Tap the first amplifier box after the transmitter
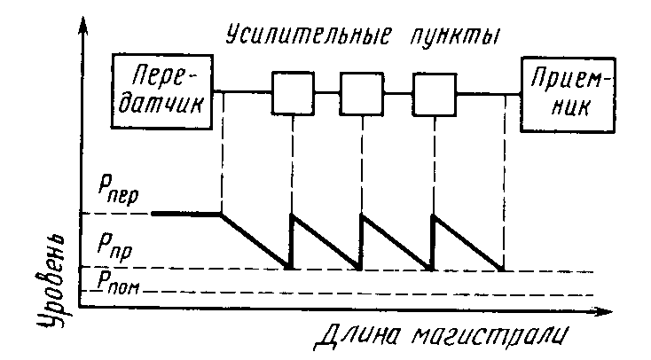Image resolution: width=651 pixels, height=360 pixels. pyautogui.click(x=292, y=91)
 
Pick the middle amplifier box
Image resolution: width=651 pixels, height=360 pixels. pyautogui.click(x=363, y=91)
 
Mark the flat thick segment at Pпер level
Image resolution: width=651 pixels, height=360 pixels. pyautogui.click(x=187, y=214)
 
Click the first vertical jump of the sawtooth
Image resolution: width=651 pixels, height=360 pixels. pyautogui.click(x=291, y=239)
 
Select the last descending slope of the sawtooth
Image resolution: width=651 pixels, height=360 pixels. pyautogui.click(x=467, y=240)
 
